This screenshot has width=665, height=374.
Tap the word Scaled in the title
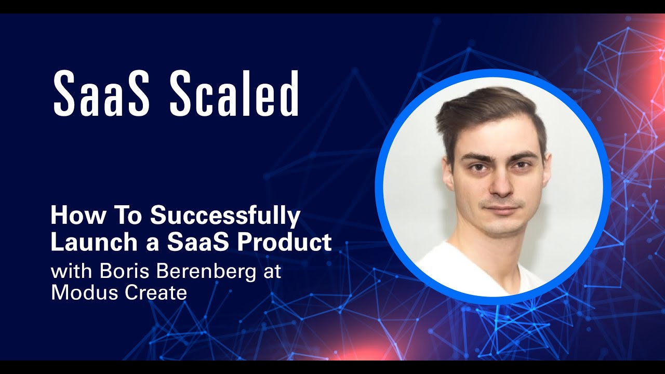coord(234,93)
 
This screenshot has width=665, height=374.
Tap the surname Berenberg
coord(198,272)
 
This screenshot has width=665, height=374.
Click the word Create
coord(155,292)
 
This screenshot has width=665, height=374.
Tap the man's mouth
coord(500,208)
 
